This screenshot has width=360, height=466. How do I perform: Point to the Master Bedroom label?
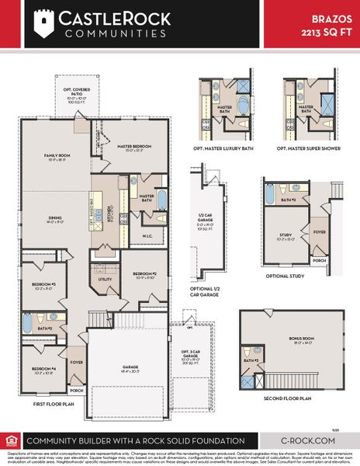134,147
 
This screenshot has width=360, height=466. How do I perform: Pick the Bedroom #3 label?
43,285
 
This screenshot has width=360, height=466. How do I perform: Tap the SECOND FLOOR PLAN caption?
288,398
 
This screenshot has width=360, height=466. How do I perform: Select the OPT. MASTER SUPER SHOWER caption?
313,148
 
